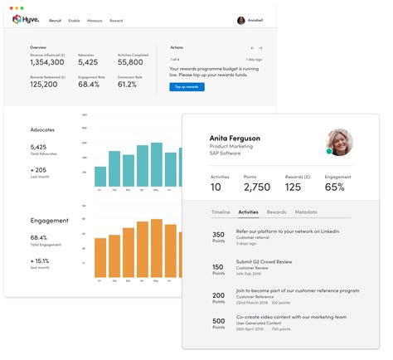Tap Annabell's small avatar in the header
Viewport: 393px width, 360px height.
(241, 20)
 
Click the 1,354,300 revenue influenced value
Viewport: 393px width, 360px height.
(47, 61)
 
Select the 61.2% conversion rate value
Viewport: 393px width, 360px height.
(127, 84)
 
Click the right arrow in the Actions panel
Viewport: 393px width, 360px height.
(260, 48)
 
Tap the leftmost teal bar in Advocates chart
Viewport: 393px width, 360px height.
(100, 176)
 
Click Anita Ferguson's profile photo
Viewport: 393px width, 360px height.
(340, 142)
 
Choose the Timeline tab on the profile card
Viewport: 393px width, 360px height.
(221, 212)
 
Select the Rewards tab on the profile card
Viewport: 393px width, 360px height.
(276, 212)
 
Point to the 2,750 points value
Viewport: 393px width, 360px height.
(256, 187)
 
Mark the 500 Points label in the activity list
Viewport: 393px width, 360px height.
(219, 324)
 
